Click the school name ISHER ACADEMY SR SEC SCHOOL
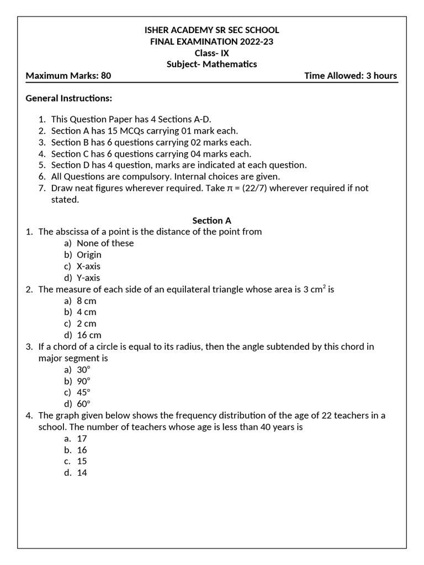coord(211,30)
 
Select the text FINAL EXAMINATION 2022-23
coord(211,41)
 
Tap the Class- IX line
coord(211,53)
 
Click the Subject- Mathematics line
coord(211,64)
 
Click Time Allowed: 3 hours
coord(351,76)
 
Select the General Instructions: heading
coord(69,98)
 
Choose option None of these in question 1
coord(105,243)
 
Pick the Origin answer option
coord(89,255)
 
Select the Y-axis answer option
coord(88,278)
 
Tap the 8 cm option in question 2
coord(86,301)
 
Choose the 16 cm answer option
coord(89,335)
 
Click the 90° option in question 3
coord(83,381)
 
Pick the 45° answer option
coord(83,393)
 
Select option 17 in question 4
coord(82,439)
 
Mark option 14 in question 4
coord(82,473)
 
